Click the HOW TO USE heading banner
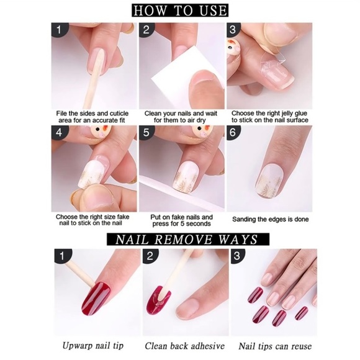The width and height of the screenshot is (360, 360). [180, 11]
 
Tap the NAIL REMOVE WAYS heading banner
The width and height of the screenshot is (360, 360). [180, 240]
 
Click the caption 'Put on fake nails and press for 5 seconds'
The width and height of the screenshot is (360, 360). [181, 222]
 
